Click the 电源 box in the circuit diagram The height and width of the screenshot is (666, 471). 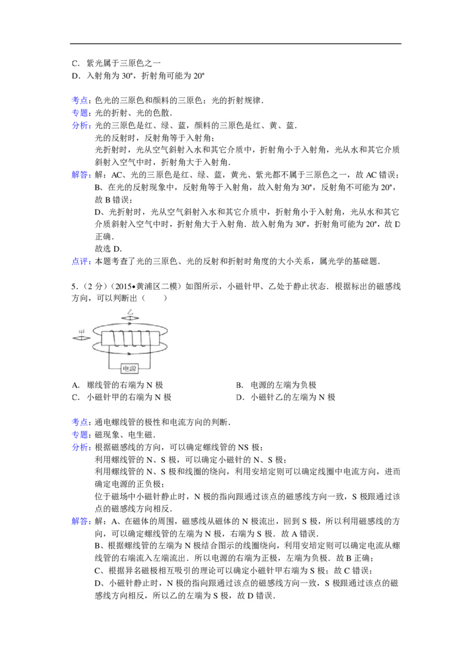point(129,368)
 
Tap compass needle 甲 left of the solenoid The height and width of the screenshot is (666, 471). point(82,338)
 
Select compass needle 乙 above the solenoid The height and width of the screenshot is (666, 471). point(130,318)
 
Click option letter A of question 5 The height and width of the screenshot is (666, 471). point(75,385)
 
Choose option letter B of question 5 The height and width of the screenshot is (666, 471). point(239,385)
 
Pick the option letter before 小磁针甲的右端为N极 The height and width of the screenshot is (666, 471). point(75,397)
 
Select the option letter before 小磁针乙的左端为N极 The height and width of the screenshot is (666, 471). point(240,397)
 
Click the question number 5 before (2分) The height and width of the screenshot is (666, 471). point(74,286)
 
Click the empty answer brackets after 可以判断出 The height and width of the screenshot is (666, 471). point(155,298)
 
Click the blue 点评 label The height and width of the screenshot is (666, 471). point(80,261)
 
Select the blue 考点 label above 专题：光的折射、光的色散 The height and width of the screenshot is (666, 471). point(80,101)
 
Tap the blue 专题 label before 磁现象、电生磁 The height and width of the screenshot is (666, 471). point(80,435)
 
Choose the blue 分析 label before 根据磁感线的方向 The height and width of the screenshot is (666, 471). point(80,448)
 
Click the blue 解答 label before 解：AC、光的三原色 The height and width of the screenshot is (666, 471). point(80,175)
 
